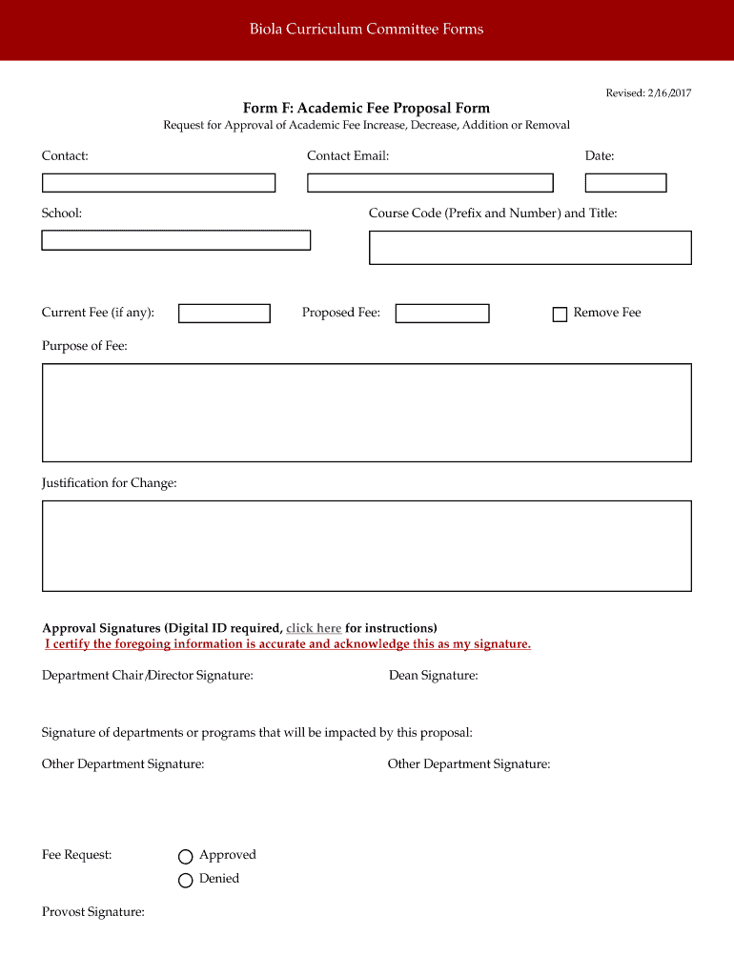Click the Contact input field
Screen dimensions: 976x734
158,183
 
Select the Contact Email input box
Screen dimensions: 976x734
430,183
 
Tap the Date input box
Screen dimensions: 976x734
626,183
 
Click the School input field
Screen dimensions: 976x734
176,240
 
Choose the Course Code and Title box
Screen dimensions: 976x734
530,247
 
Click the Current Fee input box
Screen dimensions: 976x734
225,314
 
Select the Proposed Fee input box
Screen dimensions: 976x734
442,314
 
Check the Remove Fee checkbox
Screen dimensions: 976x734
561,315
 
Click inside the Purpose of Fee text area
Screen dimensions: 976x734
367,413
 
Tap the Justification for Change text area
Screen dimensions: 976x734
367,546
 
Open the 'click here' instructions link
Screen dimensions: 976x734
314,628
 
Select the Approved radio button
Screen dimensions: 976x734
186,857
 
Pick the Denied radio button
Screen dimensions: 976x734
186,880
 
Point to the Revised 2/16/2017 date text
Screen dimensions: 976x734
648,92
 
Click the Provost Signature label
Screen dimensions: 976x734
93,912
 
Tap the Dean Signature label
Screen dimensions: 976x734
434,676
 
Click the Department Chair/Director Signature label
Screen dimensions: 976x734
148,676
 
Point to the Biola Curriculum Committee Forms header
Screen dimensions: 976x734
367,30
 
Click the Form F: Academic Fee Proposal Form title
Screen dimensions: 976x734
366,109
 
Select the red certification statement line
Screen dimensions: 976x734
288,644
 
